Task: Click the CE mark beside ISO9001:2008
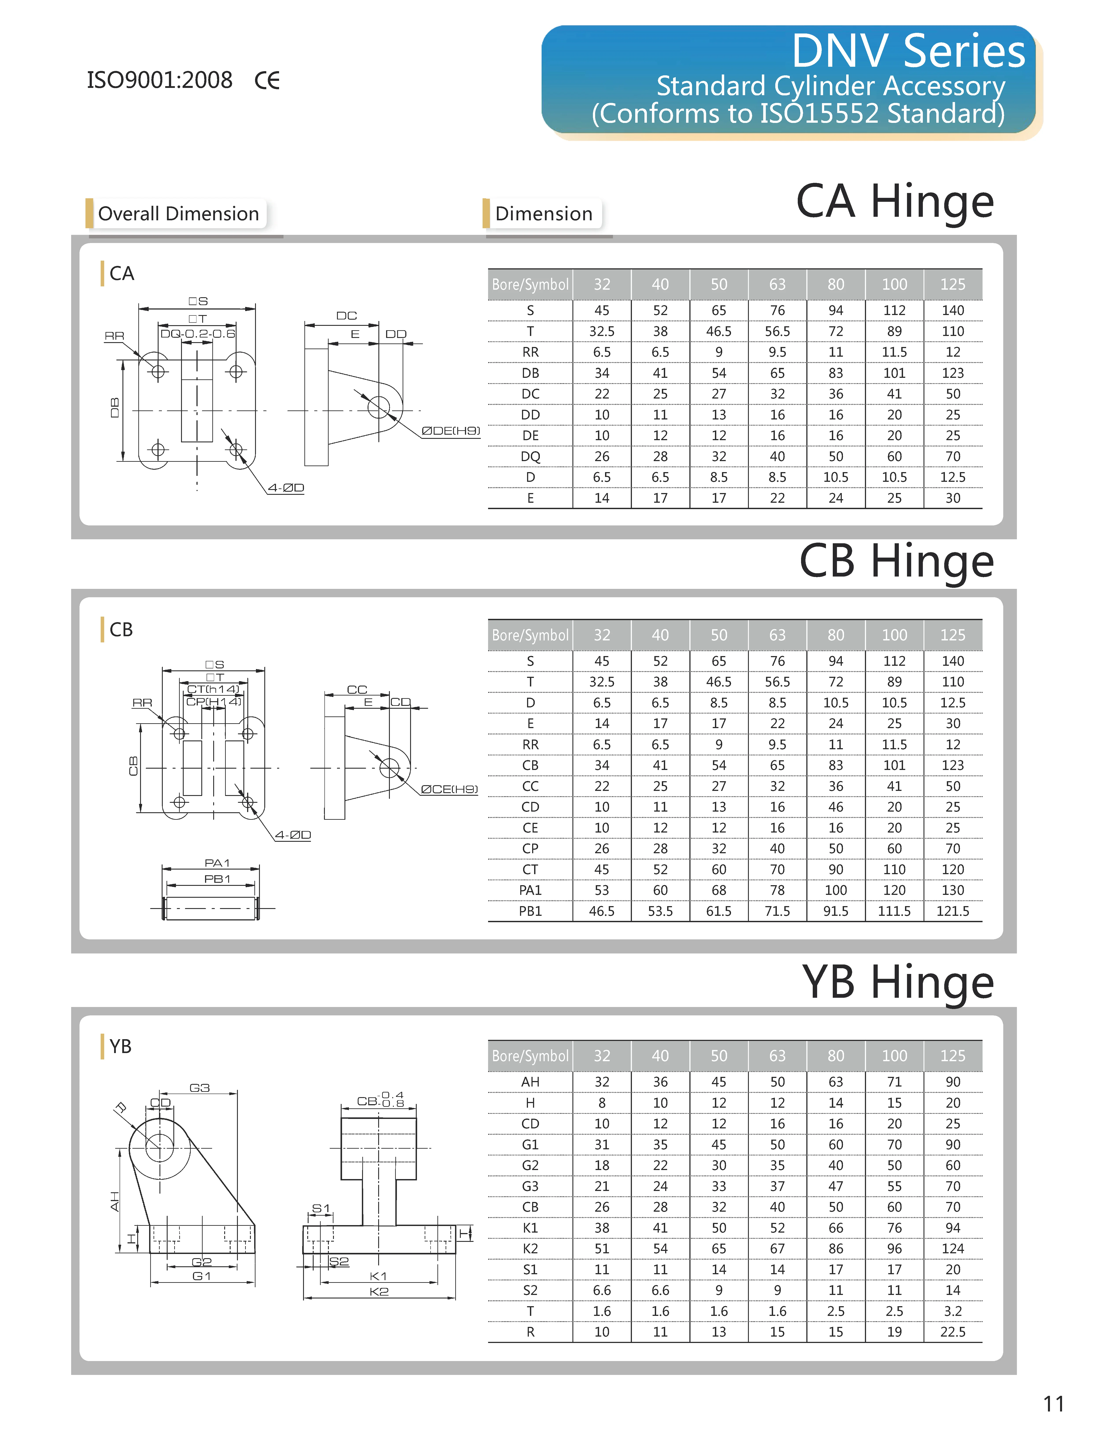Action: pyautogui.click(x=267, y=80)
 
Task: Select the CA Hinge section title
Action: pyautogui.click(x=894, y=201)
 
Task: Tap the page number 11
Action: pyautogui.click(x=1054, y=1403)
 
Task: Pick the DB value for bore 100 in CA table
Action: pyautogui.click(x=894, y=373)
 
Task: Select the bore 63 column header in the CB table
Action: pyautogui.click(x=777, y=635)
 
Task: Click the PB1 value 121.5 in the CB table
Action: pyautogui.click(x=952, y=911)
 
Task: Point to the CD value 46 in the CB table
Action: pyautogui.click(x=835, y=807)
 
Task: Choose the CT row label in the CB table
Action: pyautogui.click(x=530, y=870)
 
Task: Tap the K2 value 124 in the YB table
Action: pyautogui.click(x=952, y=1249)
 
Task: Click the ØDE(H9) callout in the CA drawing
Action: pyautogui.click(x=451, y=431)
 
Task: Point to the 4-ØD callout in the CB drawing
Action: pyautogui.click(x=293, y=835)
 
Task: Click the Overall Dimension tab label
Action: pyautogui.click(x=178, y=214)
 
